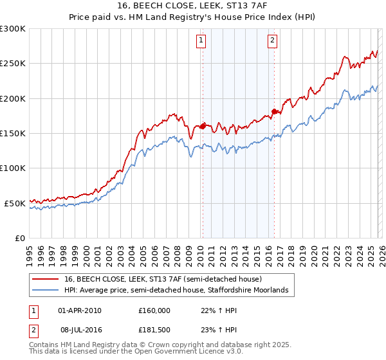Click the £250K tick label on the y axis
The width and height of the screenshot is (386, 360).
pos(13,64)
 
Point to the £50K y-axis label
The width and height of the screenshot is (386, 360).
pos(15,203)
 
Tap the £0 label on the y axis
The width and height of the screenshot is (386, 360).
pos(20,239)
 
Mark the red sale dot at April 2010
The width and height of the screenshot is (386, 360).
pos(203,126)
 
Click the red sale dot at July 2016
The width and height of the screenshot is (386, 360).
pos(274,111)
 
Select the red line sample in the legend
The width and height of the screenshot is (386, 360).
pos(45,280)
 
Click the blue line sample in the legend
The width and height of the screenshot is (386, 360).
pos(45,291)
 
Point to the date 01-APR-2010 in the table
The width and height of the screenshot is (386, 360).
pos(80,310)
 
